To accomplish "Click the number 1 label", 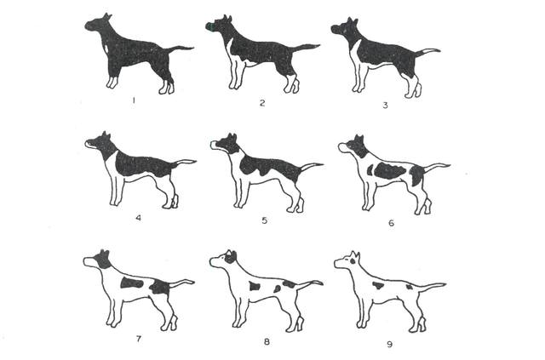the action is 134,100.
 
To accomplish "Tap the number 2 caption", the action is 262,103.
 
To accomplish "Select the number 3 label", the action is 385,105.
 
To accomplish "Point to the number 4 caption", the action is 139,218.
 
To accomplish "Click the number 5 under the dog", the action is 265,220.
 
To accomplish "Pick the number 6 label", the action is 392,223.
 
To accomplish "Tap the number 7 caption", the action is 139,339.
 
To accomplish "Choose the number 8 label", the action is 267,341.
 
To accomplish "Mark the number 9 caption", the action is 390,344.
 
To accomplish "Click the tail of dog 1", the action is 180,49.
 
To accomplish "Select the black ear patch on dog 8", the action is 230,258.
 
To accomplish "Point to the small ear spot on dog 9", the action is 353,261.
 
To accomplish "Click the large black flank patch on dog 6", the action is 390,170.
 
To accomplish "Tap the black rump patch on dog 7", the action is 160,286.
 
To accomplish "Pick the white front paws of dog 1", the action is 112,83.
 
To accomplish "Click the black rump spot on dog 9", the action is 409,287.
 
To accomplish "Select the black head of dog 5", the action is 227,143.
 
